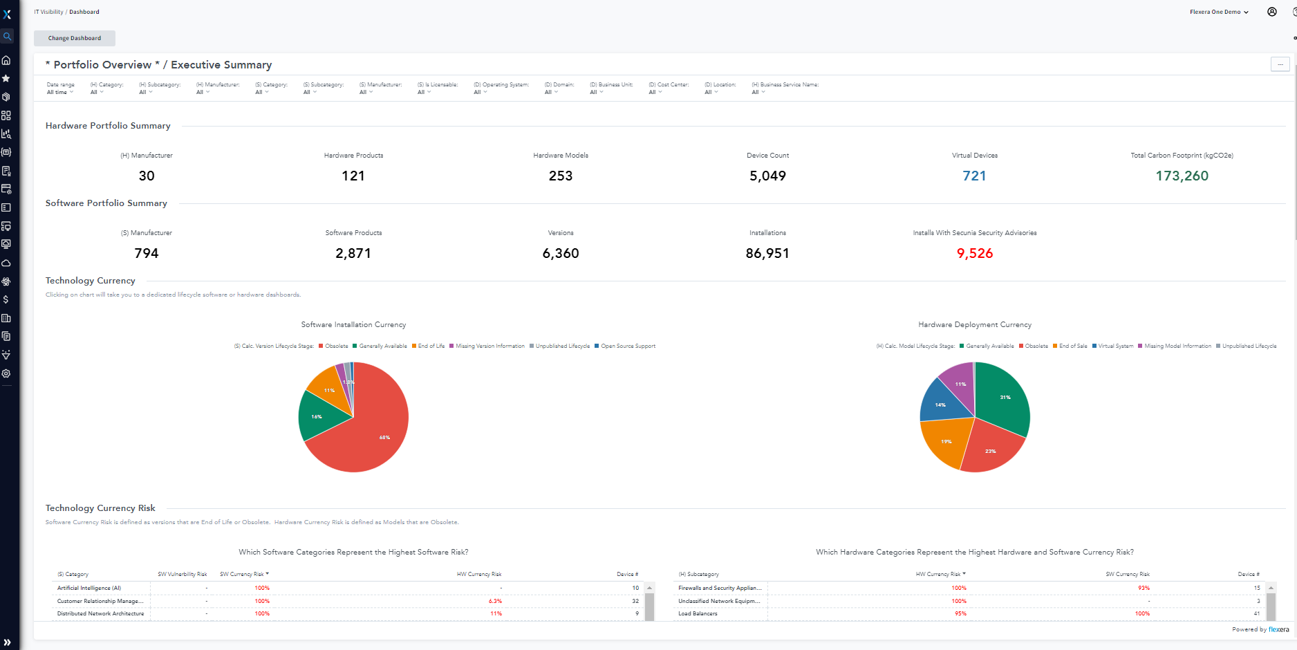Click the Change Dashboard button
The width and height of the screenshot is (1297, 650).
[x=75, y=38]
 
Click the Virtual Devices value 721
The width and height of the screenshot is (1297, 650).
[x=974, y=176]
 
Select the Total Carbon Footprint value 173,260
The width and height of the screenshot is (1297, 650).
[x=1182, y=176]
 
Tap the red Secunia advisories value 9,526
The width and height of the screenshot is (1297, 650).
[x=974, y=253]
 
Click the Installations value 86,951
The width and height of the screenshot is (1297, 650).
[x=767, y=253]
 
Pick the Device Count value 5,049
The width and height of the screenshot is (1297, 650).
[x=767, y=176]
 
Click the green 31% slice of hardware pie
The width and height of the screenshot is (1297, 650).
[x=1002, y=400]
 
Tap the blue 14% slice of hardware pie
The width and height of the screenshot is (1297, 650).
[x=942, y=406]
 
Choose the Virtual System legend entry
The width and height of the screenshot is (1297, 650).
[x=1114, y=346]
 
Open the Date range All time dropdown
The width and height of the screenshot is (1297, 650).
[x=60, y=92]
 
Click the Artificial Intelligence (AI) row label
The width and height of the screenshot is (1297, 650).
[x=89, y=588]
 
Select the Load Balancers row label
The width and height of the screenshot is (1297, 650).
[x=698, y=613]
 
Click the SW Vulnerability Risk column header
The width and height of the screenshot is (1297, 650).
[x=182, y=574]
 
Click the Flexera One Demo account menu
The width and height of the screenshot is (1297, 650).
[x=1218, y=12]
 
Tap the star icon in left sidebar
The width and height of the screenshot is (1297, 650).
[x=6, y=78]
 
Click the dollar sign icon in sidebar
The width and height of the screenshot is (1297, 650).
[x=6, y=299]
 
